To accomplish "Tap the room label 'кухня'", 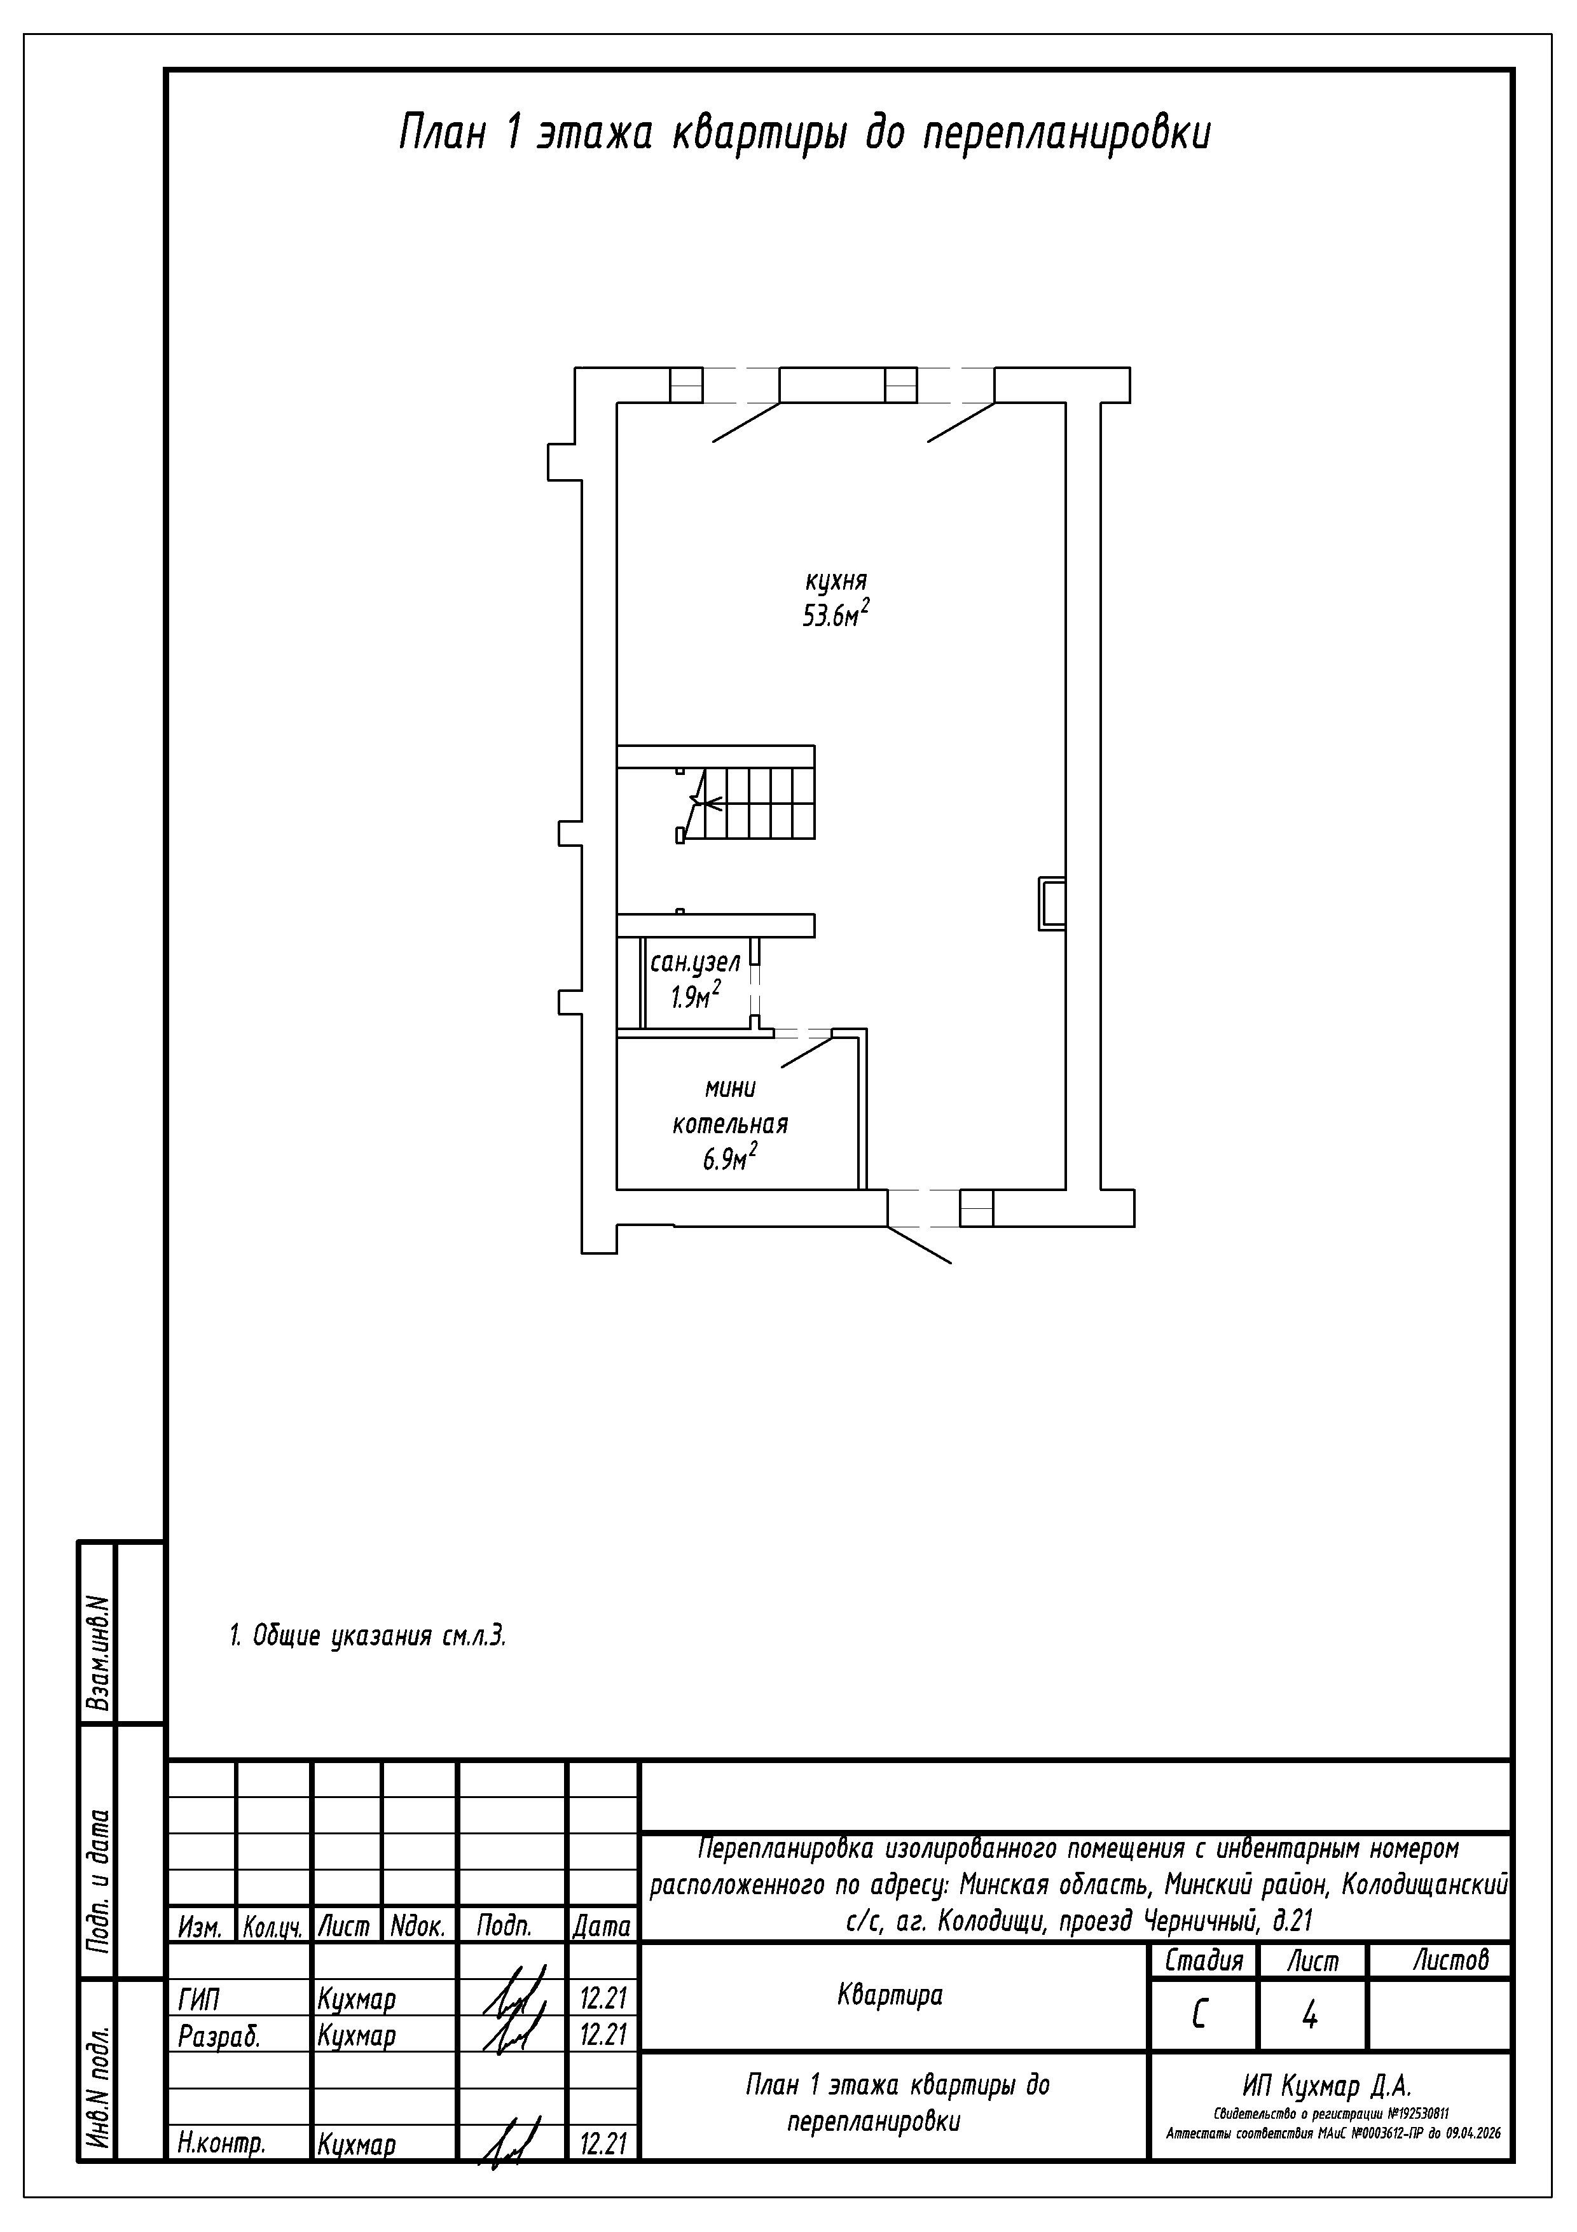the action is (x=835, y=582).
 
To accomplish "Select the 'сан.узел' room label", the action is (x=695, y=963).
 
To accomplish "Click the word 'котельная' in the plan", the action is (x=730, y=1125).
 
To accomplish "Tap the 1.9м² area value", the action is (x=695, y=996).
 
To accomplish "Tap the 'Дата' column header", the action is (x=602, y=1926).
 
